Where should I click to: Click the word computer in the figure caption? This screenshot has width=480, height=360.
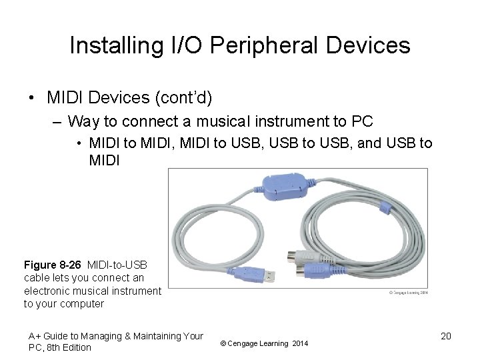point(81,303)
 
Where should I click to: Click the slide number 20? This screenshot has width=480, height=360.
point(446,336)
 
